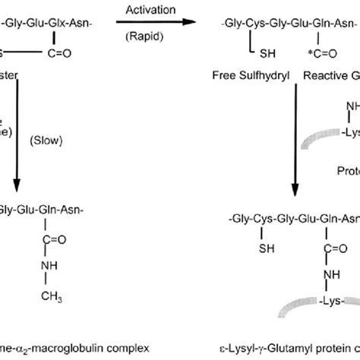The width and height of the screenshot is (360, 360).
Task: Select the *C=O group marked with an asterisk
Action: (317, 53)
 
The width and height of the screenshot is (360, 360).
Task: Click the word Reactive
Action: (322, 76)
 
